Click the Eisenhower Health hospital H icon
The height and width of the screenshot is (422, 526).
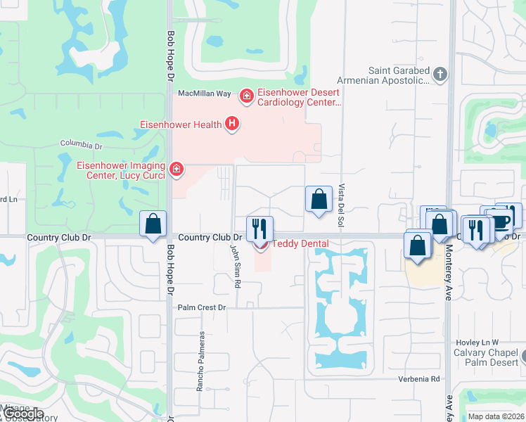[x=232, y=125]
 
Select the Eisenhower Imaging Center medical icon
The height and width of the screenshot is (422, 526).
[x=176, y=168]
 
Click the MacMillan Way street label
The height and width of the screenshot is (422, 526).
[x=205, y=93]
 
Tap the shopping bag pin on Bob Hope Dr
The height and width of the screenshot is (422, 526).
[x=153, y=224]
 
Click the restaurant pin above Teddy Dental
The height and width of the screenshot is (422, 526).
[x=259, y=228]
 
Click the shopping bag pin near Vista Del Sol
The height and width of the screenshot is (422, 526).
[x=319, y=198]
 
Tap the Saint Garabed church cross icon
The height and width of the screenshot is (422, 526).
[x=440, y=75]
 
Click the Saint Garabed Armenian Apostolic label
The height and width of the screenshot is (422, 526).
[x=399, y=75]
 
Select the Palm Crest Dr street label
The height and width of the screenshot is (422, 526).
[x=201, y=307]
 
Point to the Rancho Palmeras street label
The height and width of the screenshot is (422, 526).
[x=200, y=361]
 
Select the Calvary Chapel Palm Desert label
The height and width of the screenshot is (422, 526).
[x=482, y=358]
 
